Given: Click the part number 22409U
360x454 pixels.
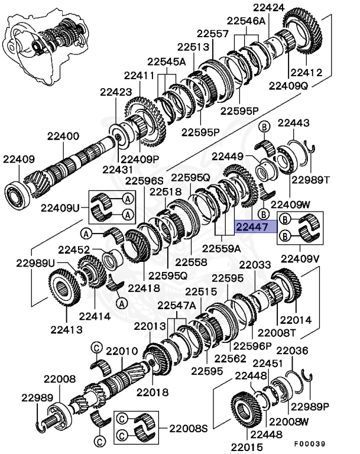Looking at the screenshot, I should click(x=59, y=208).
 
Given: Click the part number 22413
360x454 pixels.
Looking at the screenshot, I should click(x=66, y=329).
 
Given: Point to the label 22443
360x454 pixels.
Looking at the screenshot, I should click(x=294, y=122).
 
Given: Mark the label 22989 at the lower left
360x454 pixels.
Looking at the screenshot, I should click(x=38, y=398).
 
